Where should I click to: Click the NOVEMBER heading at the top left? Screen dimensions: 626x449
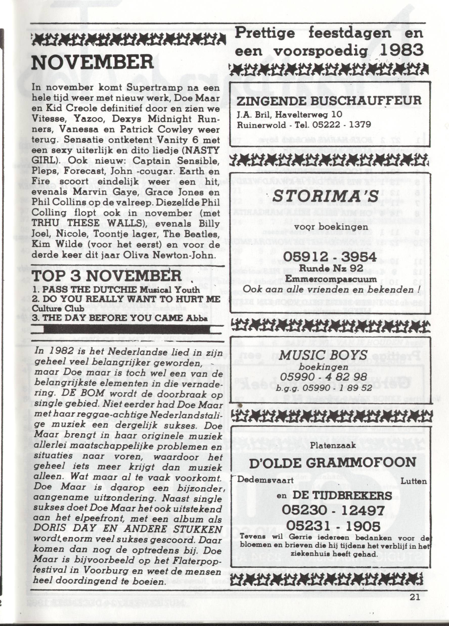(x=92, y=63)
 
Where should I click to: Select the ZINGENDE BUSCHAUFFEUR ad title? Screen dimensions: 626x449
(x=329, y=101)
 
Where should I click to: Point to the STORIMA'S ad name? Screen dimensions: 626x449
(x=325, y=197)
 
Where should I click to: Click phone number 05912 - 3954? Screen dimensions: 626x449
(x=330, y=257)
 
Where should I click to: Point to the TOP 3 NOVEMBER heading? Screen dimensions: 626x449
(x=107, y=276)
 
